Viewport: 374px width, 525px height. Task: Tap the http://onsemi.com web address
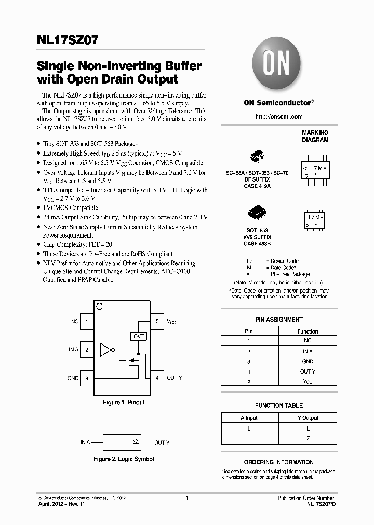click(x=278, y=117)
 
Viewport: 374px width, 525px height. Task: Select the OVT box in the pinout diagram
click(x=139, y=336)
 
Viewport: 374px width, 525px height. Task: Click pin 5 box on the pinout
click(x=157, y=322)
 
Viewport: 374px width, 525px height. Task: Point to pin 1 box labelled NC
click(x=86, y=322)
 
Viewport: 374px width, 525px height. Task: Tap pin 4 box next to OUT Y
click(x=157, y=378)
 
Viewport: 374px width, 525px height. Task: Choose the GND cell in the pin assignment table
click(x=308, y=361)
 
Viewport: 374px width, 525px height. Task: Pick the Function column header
click(x=308, y=331)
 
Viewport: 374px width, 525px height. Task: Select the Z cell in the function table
click(x=308, y=438)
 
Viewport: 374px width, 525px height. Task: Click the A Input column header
click(x=249, y=418)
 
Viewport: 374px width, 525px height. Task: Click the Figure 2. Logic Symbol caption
click(x=124, y=459)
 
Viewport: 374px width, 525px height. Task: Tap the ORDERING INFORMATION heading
click(x=278, y=462)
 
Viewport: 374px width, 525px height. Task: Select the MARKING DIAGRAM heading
click(x=315, y=136)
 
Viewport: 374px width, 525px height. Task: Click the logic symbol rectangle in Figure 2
click(x=123, y=442)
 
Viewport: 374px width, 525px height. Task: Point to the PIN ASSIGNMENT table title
click(x=278, y=320)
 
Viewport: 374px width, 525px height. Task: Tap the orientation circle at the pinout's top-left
click(x=100, y=307)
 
